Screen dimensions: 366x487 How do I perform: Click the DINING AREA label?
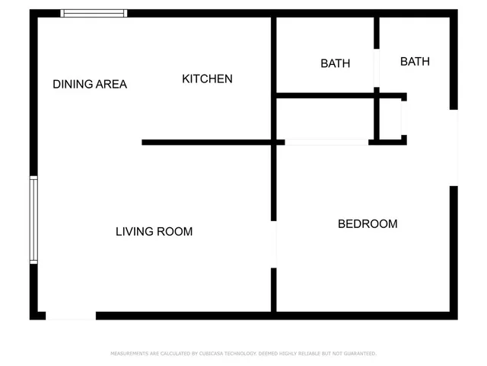coord(90,84)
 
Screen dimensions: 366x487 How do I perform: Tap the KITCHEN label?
coord(207,79)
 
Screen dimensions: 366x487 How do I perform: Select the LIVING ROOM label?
coord(154,231)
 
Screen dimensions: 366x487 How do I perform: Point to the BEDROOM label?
coord(368,223)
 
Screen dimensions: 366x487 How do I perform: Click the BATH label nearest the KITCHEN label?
coord(335,63)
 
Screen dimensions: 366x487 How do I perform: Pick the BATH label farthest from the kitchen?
coord(415,61)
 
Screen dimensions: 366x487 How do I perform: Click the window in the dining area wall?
coord(94,13)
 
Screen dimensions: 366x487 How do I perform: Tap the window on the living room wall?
coord(33,220)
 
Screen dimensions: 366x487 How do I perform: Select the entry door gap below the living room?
coord(71,315)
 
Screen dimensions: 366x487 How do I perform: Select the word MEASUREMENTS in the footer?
coord(129,354)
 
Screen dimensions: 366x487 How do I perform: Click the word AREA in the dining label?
coord(111,84)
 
